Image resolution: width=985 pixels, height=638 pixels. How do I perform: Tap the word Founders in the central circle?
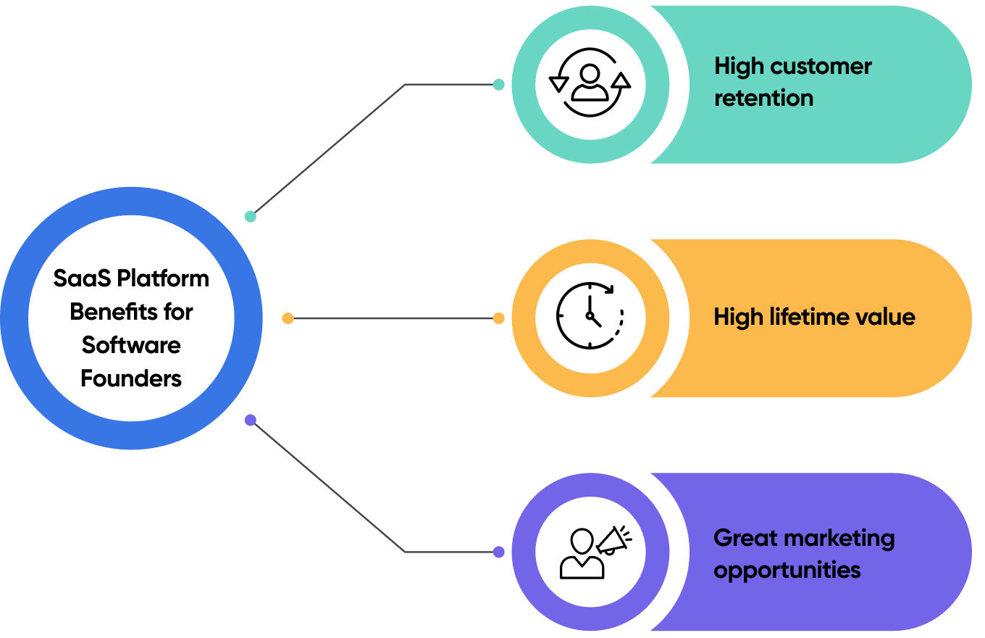[131, 378]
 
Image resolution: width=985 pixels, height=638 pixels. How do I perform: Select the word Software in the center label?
[131, 344]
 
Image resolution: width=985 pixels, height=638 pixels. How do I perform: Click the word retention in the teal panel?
[763, 98]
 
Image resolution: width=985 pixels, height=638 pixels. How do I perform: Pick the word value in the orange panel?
[886, 317]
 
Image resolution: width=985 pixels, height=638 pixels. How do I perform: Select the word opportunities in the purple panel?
[787, 570]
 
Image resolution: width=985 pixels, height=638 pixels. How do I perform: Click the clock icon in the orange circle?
[590, 317]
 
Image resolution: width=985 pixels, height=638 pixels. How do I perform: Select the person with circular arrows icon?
[590, 82]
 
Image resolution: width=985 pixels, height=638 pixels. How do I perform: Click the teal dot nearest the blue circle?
[251, 216]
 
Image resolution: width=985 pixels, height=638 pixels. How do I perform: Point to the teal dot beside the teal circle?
[498, 84]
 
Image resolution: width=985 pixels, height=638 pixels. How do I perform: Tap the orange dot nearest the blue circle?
[288, 318]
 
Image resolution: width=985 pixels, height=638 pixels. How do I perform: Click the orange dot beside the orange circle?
[498, 318]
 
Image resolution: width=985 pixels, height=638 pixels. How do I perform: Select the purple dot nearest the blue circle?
[251, 420]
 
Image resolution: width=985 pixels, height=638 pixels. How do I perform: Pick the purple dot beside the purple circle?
[498, 552]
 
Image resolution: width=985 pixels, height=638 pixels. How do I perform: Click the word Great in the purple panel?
[745, 538]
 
